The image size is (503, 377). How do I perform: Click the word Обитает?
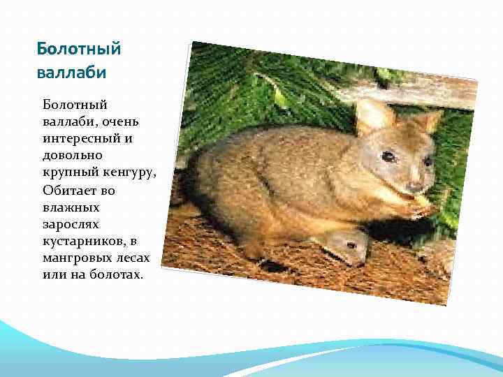coord(68,190)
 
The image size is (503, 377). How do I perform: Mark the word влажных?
coord(71,207)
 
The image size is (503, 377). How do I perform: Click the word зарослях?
coord(71,224)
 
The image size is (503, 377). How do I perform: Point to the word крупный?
coord(68,172)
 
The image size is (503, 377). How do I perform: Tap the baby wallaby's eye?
coord(351,245)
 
